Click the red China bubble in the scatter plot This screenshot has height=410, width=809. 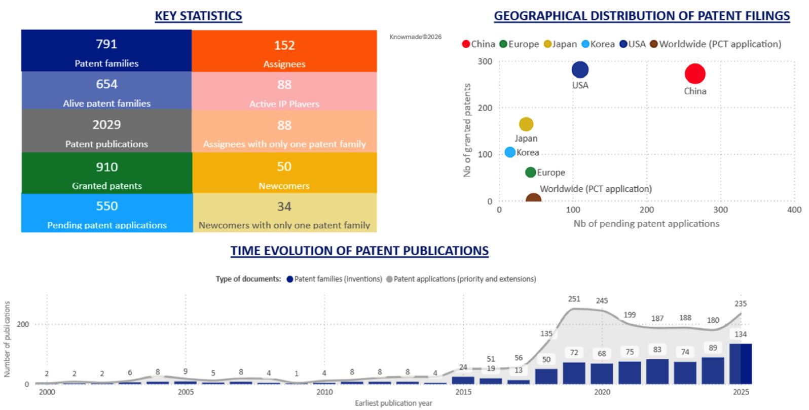point(695,74)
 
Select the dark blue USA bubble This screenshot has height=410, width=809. point(580,70)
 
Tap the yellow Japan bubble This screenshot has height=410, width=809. point(526,124)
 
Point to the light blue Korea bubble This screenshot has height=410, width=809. point(509,152)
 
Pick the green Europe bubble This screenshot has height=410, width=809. point(530,173)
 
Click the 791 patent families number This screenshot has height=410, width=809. point(106,44)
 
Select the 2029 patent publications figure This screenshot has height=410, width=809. point(106,125)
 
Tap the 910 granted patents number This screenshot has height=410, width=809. point(106,167)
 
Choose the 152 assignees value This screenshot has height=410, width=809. point(284,45)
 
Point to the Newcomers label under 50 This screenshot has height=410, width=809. point(284,186)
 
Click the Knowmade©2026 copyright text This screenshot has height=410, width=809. point(415,37)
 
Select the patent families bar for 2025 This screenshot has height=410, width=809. point(741,364)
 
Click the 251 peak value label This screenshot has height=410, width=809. point(574,299)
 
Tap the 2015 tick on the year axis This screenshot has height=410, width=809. point(463,392)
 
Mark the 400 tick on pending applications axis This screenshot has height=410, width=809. point(794,210)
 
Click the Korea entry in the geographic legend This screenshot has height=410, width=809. point(598,44)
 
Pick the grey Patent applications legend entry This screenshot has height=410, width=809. point(461,279)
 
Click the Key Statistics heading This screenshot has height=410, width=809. point(198,16)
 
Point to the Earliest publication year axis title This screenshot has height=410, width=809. point(393,403)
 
